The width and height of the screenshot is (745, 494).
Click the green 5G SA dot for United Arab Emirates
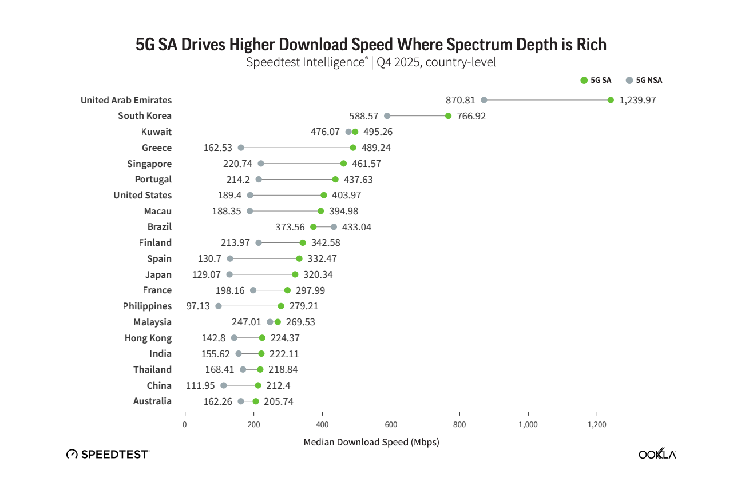point(611,100)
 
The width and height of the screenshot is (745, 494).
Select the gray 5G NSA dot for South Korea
point(387,116)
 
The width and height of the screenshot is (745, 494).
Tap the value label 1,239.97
point(637,100)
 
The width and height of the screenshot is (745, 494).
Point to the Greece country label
point(157,148)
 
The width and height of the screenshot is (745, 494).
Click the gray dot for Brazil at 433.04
point(334,227)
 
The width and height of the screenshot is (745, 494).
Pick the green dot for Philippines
point(281,306)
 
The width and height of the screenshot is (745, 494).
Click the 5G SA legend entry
point(596,81)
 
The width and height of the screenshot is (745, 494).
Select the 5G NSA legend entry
point(644,81)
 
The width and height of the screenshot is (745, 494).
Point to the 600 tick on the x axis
point(391,424)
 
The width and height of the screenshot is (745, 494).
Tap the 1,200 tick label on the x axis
point(597,424)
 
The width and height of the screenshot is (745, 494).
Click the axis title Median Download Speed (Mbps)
point(371,442)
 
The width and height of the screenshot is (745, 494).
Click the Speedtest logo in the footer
point(108,454)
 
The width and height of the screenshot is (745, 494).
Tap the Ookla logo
point(657,454)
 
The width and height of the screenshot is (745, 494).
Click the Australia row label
point(152,401)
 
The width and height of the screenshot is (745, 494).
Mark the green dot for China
point(258,385)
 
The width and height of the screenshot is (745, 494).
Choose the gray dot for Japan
point(229,274)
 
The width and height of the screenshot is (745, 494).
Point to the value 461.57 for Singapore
point(366,164)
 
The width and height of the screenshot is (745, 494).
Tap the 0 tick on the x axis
point(185,424)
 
